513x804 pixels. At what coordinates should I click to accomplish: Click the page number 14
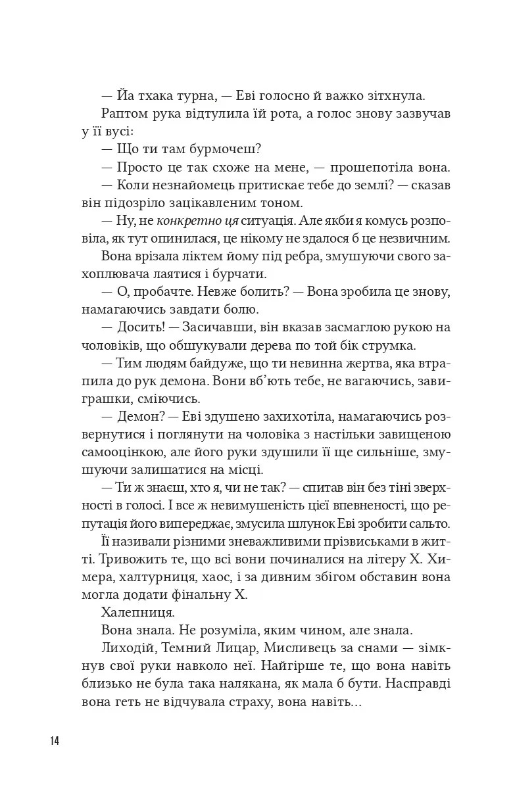[54, 741]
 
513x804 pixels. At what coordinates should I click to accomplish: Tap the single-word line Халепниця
[138, 612]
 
